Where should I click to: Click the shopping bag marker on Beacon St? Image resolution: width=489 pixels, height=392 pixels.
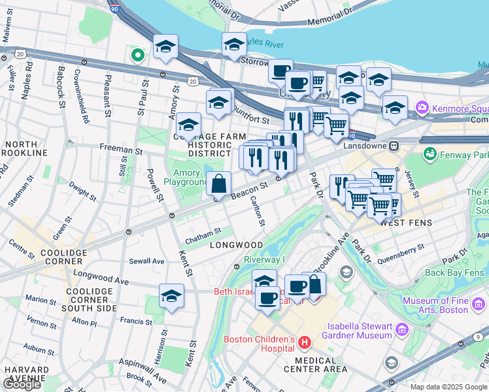coord(219,184)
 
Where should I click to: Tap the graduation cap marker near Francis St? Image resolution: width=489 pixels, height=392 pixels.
coord(171,297)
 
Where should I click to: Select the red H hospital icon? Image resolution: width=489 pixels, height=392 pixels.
coord(303,342)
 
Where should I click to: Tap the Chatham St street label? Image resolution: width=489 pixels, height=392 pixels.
coord(203,235)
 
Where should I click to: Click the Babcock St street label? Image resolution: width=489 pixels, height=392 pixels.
coord(61,85)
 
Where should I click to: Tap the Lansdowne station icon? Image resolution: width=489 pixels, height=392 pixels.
coord(395,146)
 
